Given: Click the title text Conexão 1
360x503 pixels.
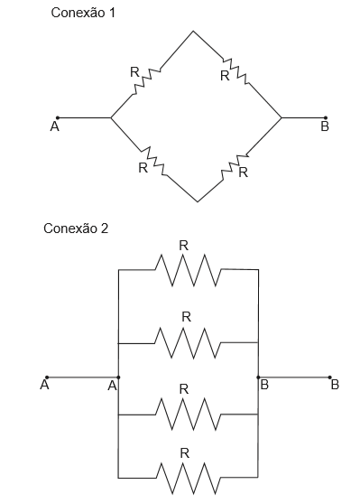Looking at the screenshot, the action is pyautogui.click(x=83, y=13).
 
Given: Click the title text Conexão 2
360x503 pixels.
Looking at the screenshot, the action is pyautogui.click(x=76, y=228).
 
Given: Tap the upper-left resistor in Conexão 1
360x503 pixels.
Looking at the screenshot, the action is pyautogui.click(x=146, y=81).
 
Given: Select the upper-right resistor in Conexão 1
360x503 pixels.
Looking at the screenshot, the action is pyautogui.click(x=236, y=71).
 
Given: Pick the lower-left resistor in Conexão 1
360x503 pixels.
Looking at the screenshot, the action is pyautogui.click(x=153, y=162).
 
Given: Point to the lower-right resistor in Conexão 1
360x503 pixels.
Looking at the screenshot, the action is pyautogui.click(x=235, y=167).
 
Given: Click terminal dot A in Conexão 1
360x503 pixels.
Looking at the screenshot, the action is pyautogui.click(x=58, y=117).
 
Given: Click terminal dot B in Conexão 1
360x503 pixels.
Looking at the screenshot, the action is pyautogui.click(x=326, y=117).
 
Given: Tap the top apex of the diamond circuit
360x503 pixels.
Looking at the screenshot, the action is pyautogui.click(x=193, y=31).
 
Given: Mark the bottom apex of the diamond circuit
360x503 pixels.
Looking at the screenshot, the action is pyautogui.click(x=198, y=201).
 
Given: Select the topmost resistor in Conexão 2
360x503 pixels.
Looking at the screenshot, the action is pyautogui.click(x=189, y=270).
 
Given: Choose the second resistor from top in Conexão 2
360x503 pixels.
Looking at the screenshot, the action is pyautogui.click(x=188, y=342).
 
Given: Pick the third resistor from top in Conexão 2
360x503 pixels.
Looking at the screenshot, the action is pyautogui.click(x=189, y=415).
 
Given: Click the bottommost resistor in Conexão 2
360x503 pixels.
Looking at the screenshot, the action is pyautogui.click(x=189, y=478).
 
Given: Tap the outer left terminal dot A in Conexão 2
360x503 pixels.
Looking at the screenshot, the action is pyautogui.click(x=47, y=377).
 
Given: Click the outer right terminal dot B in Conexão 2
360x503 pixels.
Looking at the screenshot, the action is pyautogui.click(x=330, y=377).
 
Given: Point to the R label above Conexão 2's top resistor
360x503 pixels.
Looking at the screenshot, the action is pyautogui.click(x=184, y=246).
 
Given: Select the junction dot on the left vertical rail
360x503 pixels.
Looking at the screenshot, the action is pyautogui.click(x=118, y=377).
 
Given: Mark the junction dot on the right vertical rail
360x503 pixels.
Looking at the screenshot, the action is pyautogui.click(x=258, y=377).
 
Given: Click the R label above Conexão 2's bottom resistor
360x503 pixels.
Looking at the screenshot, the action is pyautogui.click(x=184, y=453).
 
